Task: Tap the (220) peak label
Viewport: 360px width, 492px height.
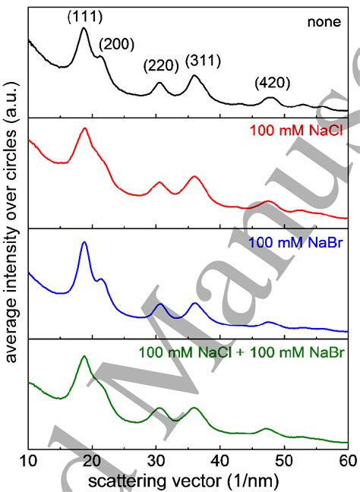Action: pos(159,67)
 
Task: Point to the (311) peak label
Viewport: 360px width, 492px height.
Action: pos(201,61)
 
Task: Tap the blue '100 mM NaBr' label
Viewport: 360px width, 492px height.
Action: pos(297,244)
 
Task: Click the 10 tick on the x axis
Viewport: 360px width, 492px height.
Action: pos(28,460)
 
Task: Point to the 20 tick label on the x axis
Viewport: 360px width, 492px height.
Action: pos(92,460)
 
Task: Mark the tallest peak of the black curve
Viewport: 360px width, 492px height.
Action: pos(84,29)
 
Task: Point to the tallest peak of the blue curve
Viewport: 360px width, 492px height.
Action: pos(84,243)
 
